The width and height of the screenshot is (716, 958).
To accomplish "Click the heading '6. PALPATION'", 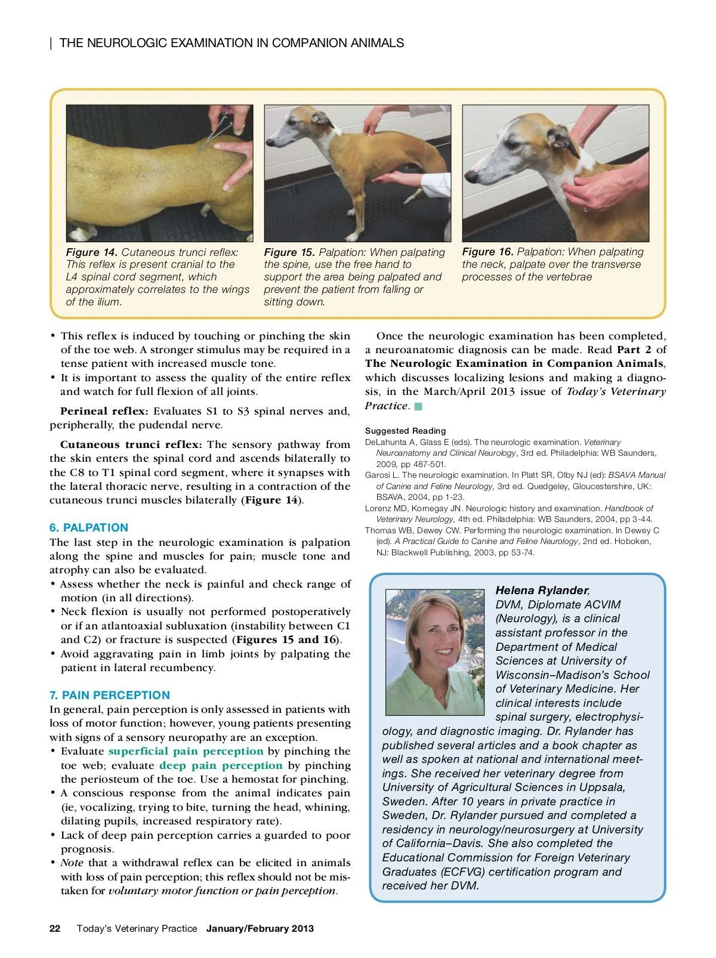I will [x=88, y=528].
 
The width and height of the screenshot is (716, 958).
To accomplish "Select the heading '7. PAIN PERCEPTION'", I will [x=109, y=695].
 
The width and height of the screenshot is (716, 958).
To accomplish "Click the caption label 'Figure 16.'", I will [x=487, y=252].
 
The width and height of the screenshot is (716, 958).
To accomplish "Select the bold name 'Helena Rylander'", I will [x=541, y=591].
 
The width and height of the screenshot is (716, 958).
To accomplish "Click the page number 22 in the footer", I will [x=55, y=928].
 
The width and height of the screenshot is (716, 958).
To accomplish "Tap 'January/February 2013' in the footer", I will [x=260, y=928].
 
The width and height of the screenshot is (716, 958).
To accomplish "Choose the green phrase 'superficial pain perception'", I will [x=186, y=752].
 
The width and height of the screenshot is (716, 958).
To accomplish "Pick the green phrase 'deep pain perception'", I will [x=221, y=765].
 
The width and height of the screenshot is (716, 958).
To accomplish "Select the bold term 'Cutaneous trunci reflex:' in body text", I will [x=131, y=444].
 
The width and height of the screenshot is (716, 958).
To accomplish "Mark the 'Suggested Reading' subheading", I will [x=405, y=431].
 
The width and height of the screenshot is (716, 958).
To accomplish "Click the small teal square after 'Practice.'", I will [x=418, y=406].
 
